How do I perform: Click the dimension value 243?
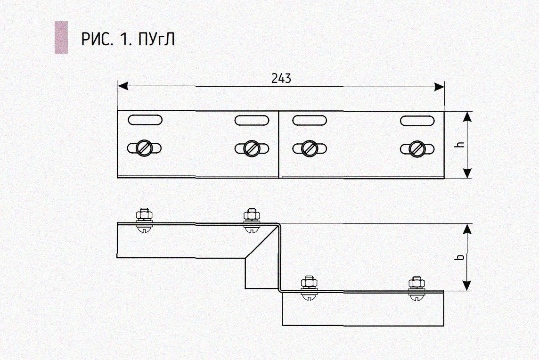click(x=281, y=79)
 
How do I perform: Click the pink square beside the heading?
click(x=61, y=37)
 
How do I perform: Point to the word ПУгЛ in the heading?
click(x=157, y=40)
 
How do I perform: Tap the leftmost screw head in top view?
click(x=144, y=148)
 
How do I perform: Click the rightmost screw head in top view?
click(x=417, y=148)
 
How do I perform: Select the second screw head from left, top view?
click(x=252, y=148)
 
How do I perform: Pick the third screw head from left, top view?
click(x=310, y=148)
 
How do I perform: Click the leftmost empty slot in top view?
click(x=145, y=120)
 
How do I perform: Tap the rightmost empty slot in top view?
click(x=417, y=121)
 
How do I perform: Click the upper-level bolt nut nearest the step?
click(x=252, y=215)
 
